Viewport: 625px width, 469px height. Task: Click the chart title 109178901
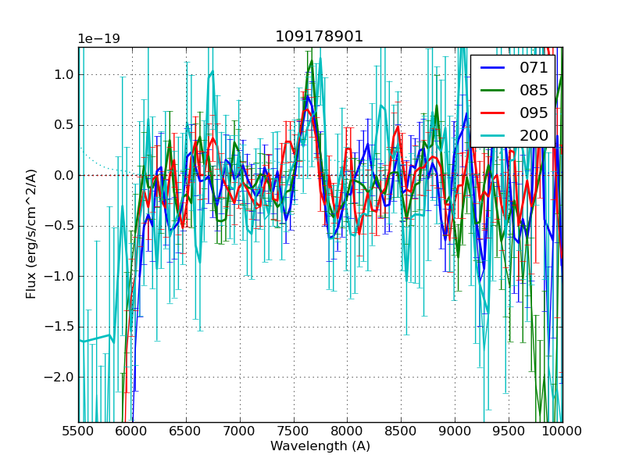319,37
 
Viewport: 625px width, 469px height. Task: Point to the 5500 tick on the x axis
78,431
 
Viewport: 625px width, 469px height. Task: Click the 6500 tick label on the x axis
186,431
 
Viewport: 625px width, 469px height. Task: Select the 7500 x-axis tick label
294,431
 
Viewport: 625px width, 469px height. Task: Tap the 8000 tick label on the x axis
348,431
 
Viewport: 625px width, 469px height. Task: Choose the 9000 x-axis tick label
455,431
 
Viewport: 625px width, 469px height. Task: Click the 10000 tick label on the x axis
562,431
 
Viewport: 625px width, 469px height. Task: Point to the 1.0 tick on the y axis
62,75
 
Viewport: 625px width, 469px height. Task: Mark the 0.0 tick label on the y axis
62,176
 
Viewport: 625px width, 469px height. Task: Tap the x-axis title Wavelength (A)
320,446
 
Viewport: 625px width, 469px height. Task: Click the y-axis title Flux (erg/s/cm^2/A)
31,234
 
